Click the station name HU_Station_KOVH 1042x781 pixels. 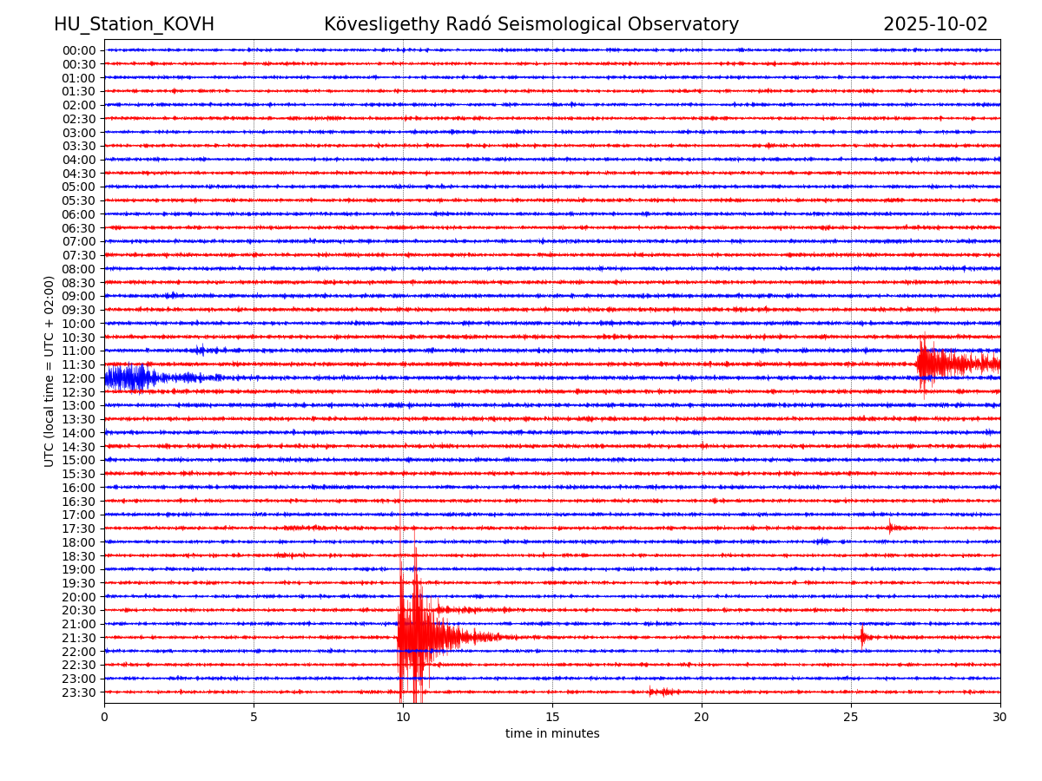[x=134, y=24]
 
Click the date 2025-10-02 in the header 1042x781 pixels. [x=935, y=24]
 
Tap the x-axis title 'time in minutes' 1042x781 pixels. [x=552, y=733]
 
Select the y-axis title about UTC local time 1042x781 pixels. [x=49, y=371]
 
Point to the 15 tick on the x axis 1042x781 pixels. [x=552, y=717]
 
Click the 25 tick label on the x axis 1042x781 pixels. [x=851, y=717]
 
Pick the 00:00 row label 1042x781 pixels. [x=79, y=50]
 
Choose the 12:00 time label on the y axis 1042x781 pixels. [x=79, y=378]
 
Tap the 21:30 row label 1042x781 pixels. [x=79, y=638]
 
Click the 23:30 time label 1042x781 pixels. [x=79, y=692]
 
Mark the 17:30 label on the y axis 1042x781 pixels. [x=79, y=528]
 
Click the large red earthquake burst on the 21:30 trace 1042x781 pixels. [x=417, y=637]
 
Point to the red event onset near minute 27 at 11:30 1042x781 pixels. [x=923, y=364]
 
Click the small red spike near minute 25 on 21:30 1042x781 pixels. [x=862, y=637]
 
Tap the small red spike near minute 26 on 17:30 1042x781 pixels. [x=890, y=527]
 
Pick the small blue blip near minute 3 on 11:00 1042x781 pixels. [x=201, y=350]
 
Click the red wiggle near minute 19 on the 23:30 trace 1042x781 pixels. [x=664, y=692]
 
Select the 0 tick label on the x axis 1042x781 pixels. [x=104, y=717]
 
